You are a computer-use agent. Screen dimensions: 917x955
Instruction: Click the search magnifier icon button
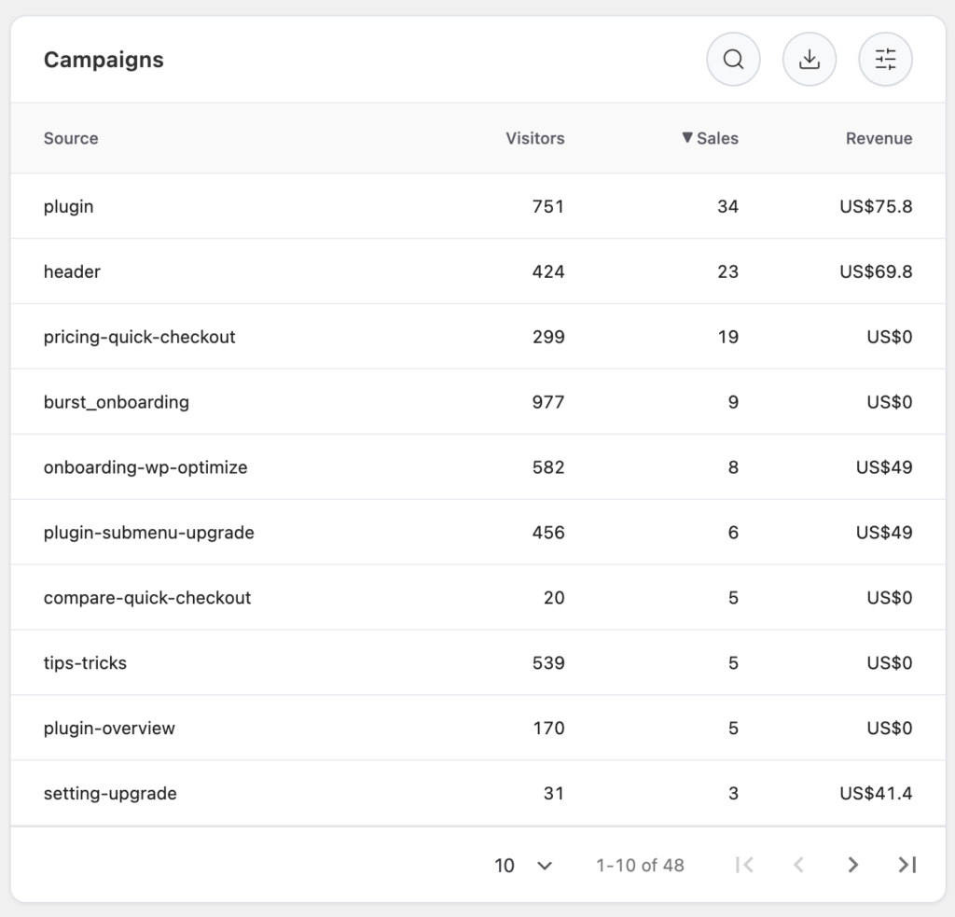click(x=733, y=60)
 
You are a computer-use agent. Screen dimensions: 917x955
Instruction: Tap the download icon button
click(x=810, y=60)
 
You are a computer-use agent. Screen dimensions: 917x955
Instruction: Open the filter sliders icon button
click(x=885, y=60)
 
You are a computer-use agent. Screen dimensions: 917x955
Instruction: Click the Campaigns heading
click(x=104, y=60)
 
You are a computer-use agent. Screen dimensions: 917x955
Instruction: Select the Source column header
click(x=71, y=138)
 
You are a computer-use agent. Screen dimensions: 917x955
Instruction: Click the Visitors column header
click(x=534, y=138)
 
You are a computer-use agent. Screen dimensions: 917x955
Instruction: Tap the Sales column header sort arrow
click(x=687, y=138)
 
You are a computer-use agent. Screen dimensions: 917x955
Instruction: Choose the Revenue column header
click(x=879, y=138)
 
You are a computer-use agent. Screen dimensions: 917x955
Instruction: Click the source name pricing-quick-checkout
click(x=139, y=337)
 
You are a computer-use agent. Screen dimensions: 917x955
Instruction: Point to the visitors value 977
click(x=547, y=402)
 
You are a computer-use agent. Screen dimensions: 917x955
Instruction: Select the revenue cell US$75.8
click(x=876, y=206)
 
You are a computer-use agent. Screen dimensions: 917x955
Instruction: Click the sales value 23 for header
click(x=727, y=271)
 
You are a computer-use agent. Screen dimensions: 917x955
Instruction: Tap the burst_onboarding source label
click(x=116, y=402)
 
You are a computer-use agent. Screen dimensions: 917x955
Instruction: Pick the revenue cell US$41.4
click(x=876, y=794)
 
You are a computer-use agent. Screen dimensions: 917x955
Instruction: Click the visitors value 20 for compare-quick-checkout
click(x=554, y=598)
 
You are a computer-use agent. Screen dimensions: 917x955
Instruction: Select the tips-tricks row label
click(x=85, y=663)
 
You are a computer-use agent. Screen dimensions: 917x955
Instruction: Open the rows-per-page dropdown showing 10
click(x=523, y=866)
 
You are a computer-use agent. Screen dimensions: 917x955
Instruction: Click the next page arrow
click(x=852, y=865)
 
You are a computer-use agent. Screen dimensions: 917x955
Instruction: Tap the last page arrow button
click(x=907, y=865)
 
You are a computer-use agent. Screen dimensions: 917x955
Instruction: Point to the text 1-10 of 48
click(x=640, y=866)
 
